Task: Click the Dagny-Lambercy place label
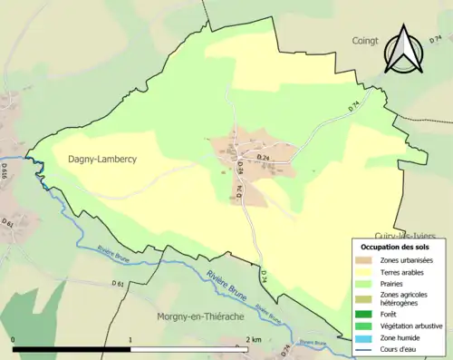102,159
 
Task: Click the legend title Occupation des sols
396,247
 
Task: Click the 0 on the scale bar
14,339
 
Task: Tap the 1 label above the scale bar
130,339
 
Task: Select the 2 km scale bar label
253,339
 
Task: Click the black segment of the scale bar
72,349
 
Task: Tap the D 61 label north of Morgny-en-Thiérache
119,284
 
